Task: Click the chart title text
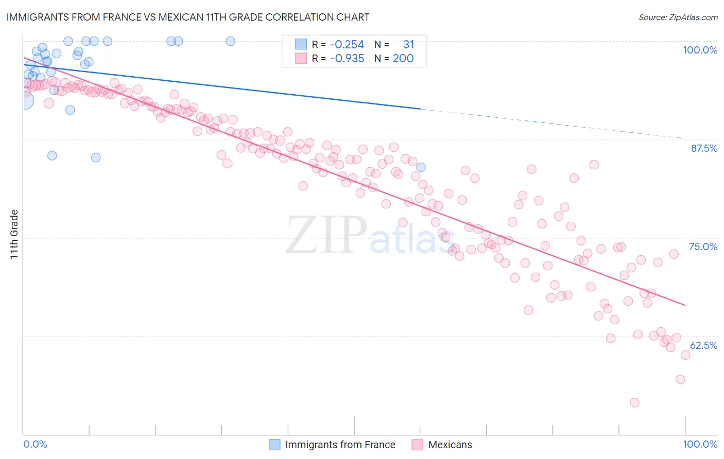pyautogui.click(x=187, y=17)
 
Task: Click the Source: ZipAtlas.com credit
pyautogui.click(x=678, y=17)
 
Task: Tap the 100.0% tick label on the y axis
pyautogui.click(x=700, y=50)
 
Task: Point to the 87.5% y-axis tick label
pyautogui.click(x=704, y=148)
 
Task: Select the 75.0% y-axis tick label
pyautogui.click(x=703, y=246)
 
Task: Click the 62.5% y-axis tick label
pyautogui.click(x=703, y=345)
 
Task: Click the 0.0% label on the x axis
pyautogui.click(x=35, y=444)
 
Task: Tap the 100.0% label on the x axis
pyautogui.click(x=700, y=444)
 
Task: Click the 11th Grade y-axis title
pyautogui.click(x=14, y=234)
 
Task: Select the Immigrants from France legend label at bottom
pyautogui.click(x=340, y=445)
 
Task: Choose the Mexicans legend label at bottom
pyautogui.click(x=450, y=445)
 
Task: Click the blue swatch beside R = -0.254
pyautogui.click(x=301, y=44)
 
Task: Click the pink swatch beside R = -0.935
pyautogui.click(x=301, y=58)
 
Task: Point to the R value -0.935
pyautogui.click(x=347, y=58)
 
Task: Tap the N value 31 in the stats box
pyautogui.click(x=408, y=44)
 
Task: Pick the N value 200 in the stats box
pyautogui.click(x=403, y=58)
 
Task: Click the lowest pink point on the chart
pyautogui.click(x=634, y=402)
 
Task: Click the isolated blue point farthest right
pyautogui.click(x=421, y=167)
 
